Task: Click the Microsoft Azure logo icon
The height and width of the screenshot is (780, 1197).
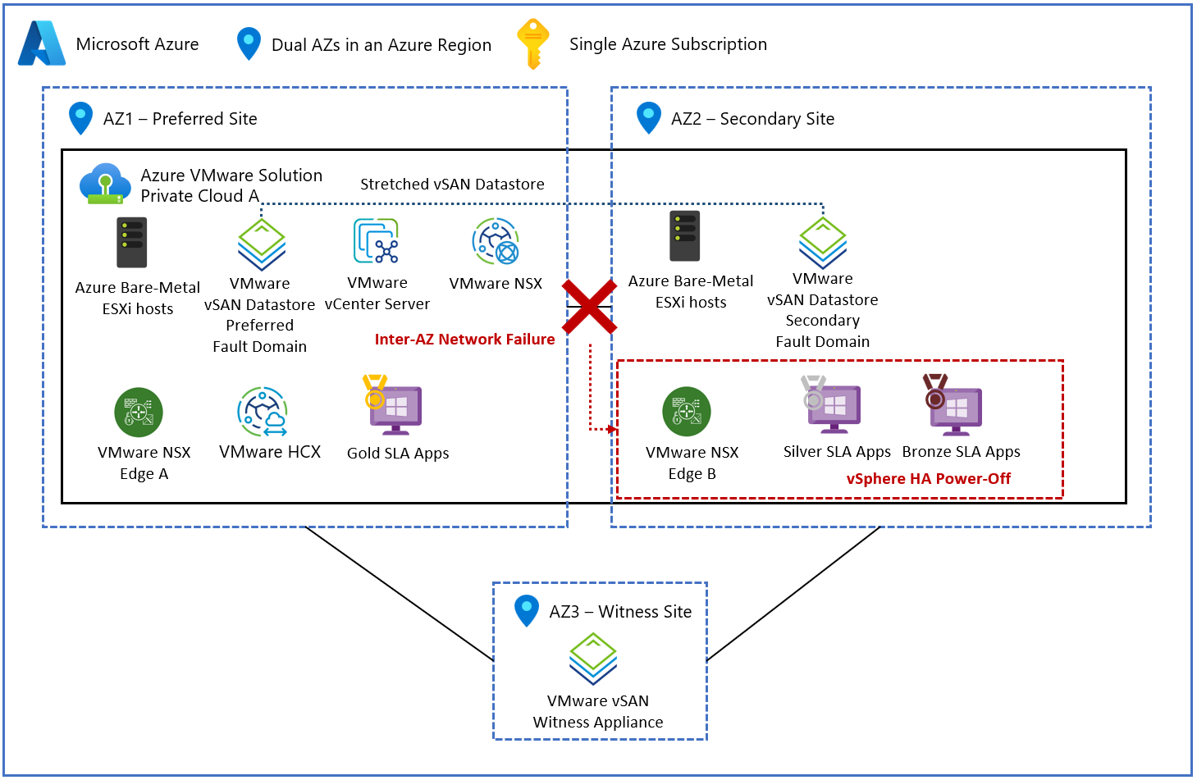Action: (x=42, y=43)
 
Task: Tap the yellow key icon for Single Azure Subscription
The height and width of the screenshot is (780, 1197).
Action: (x=532, y=43)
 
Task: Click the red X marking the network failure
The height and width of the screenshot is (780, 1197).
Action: (x=589, y=307)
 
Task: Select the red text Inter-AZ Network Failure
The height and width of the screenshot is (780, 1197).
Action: (x=464, y=340)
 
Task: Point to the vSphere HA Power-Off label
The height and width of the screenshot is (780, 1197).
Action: (x=928, y=479)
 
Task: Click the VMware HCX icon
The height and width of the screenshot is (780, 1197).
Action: (x=263, y=412)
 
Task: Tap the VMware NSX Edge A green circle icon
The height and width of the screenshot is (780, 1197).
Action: (x=139, y=412)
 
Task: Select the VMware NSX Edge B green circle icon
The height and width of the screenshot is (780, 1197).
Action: (x=687, y=412)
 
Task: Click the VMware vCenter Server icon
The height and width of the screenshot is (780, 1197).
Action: (x=377, y=241)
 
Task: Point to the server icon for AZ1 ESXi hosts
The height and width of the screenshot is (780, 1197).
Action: (x=131, y=243)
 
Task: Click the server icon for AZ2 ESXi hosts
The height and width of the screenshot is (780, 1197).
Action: (x=684, y=236)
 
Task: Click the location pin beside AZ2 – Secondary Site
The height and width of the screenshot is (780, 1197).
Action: (x=649, y=117)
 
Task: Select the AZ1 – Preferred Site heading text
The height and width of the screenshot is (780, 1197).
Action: (x=180, y=119)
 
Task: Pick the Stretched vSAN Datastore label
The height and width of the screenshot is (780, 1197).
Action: (x=452, y=185)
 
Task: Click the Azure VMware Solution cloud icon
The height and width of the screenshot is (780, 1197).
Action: (x=105, y=184)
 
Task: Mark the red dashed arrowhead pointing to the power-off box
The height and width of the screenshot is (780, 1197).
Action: (x=613, y=429)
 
